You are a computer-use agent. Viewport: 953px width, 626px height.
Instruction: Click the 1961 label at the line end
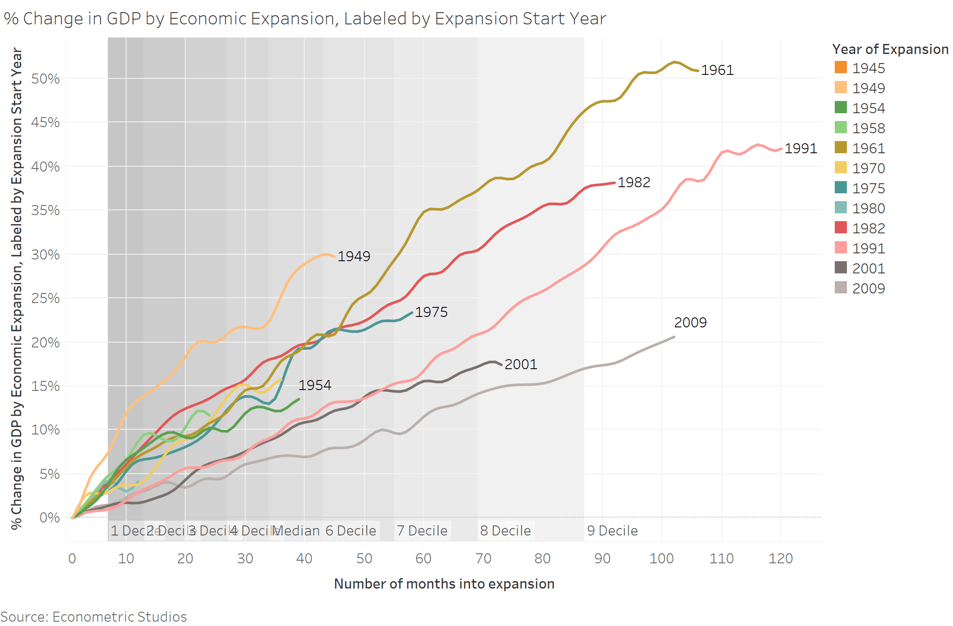click(717, 70)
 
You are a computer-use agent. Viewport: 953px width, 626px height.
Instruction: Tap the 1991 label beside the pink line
click(800, 148)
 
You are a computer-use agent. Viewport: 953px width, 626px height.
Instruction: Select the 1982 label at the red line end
click(633, 182)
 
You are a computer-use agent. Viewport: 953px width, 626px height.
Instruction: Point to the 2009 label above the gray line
click(690, 323)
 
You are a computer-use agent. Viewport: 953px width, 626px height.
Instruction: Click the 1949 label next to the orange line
click(353, 256)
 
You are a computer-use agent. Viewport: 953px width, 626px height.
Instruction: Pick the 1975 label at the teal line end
click(431, 312)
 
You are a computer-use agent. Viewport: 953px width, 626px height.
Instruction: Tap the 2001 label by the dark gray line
click(520, 364)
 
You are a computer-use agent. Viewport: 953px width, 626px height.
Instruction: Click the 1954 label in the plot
click(314, 385)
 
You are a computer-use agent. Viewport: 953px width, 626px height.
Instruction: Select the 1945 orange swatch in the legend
click(841, 67)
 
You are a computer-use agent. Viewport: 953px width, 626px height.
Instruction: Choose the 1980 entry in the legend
click(868, 209)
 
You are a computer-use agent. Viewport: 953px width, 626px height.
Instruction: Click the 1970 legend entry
click(868, 168)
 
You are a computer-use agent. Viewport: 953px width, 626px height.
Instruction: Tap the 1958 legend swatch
click(841, 128)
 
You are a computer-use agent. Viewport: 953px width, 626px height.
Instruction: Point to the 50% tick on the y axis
click(45, 79)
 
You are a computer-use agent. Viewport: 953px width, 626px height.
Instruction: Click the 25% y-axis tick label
click(45, 298)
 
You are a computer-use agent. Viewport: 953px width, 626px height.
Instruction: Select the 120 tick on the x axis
click(780, 558)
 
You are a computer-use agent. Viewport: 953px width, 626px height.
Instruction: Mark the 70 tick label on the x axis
click(483, 558)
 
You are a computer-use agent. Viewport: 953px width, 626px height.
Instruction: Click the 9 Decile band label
click(612, 531)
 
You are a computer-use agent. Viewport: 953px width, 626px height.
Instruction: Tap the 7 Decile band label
click(422, 531)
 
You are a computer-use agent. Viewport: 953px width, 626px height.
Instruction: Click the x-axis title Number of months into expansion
click(444, 584)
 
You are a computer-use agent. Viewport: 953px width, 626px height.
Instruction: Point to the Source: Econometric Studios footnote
click(93, 617)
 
